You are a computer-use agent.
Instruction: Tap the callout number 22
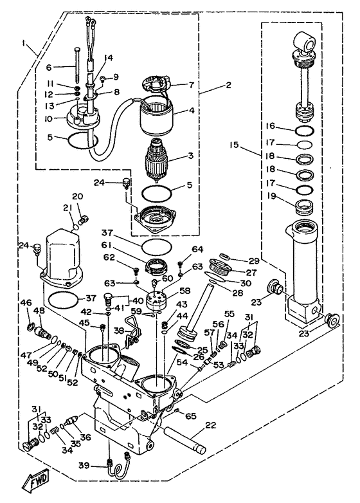click(x=211, y=426)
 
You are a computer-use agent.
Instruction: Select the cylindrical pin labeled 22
click(x=185, y=441)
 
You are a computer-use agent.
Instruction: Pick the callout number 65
click(x=191, y=416)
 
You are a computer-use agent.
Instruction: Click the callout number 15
click(x=234, y=145)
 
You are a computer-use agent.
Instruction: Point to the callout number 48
click(x=40, y=311)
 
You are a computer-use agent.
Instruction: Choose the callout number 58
click(x=185, y=291)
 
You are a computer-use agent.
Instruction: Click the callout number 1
click(x=23, y=42)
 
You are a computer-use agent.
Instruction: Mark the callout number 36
click(x=85, y=437)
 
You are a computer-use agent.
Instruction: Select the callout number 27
click(x=251, y=272)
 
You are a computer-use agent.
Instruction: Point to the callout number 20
click(x=77, y=196)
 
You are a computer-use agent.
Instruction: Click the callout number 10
click(x=48, y=120)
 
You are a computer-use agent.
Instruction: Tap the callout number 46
click(x=26, y=302)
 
